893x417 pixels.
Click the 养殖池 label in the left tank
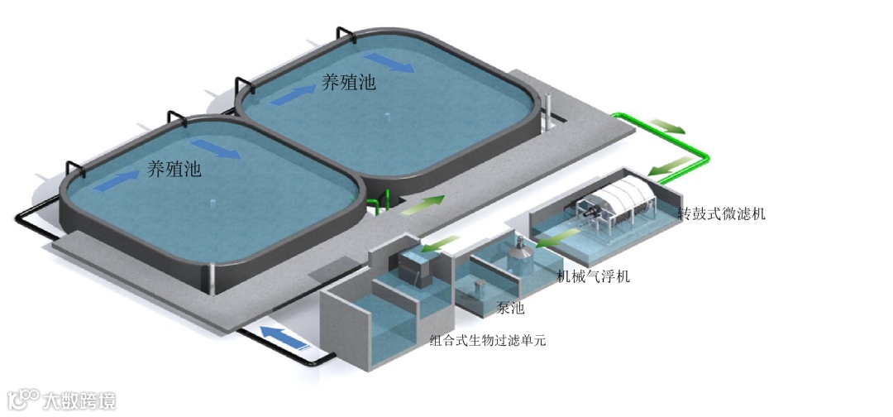174,170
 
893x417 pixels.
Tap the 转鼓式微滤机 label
722,213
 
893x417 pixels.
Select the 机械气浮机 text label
594,276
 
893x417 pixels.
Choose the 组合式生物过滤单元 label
488,340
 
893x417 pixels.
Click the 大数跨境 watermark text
79,400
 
